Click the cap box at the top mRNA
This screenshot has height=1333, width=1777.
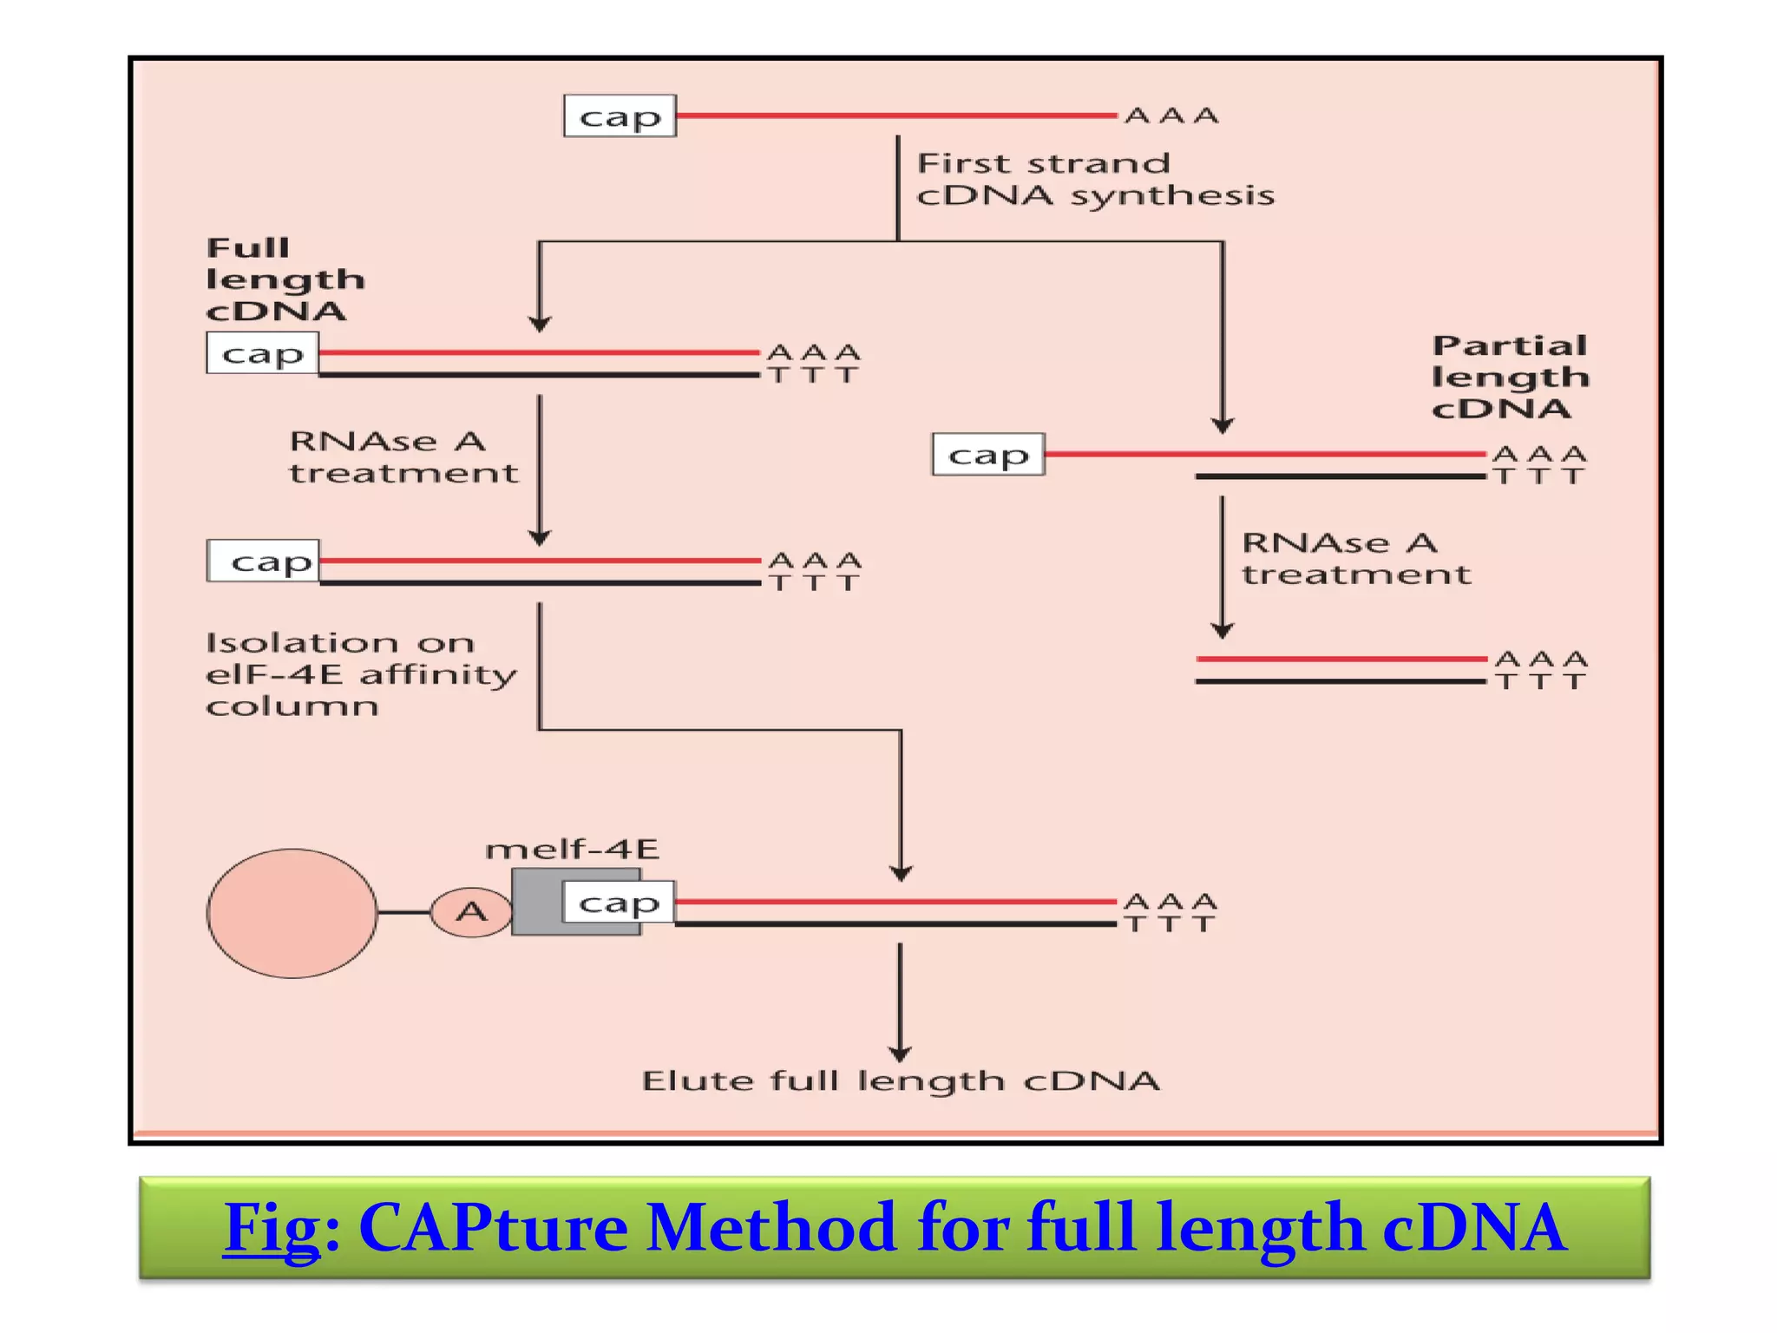(620, 115)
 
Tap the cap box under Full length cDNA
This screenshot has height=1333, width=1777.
(262, 353)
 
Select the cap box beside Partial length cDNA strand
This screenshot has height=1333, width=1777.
(987, 455)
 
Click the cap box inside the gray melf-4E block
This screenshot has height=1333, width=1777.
(618, 903)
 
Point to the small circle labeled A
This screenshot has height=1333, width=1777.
(471, 912)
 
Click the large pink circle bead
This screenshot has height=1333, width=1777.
(292, 913)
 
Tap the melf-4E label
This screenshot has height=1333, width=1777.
(572, 849)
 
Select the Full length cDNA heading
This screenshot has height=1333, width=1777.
(284, 279)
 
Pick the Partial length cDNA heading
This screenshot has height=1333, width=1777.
(1510, 377)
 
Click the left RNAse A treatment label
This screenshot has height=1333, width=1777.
(403, 456)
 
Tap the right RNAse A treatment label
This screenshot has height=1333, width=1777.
(1355, 558)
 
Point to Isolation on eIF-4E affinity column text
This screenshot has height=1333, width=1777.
(359, 674)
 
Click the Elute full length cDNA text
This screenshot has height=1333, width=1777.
(900, 1081)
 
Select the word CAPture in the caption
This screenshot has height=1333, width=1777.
(493, 1227)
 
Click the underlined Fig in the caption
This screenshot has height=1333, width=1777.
(272, 1227)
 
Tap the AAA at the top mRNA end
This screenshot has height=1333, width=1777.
(1171, 115)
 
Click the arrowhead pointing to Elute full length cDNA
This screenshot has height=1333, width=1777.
(900, 1054)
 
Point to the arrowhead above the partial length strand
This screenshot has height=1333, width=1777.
(1223, 425)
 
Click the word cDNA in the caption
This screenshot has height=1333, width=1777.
(1474, 1227)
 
